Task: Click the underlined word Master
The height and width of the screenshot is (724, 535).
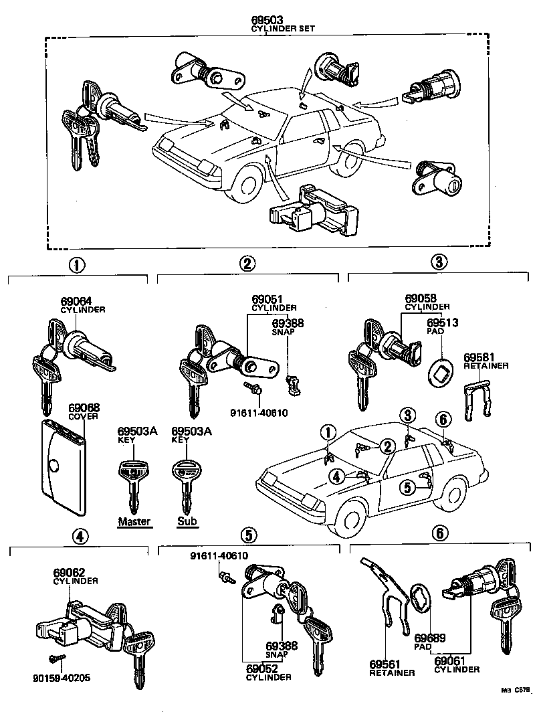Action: coord(134,522)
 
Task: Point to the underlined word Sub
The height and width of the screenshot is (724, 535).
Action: coord(187,522)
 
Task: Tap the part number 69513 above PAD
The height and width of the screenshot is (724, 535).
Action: coord(442,322)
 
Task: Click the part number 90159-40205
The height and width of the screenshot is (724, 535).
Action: coord(61,678)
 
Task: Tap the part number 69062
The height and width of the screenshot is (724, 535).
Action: coord(68,573)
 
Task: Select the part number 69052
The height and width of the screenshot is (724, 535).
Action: coord(261,668)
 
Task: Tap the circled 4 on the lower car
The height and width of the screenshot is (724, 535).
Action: coord(337,476)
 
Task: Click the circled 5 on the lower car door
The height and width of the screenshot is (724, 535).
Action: coord(407,488)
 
